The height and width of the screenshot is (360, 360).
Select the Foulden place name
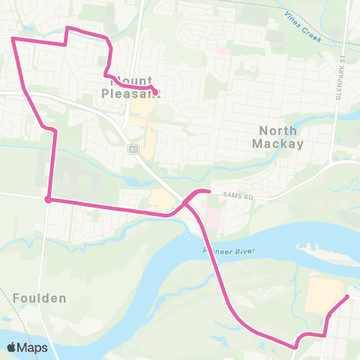click(39, 298)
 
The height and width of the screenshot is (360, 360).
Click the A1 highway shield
click(132, 148)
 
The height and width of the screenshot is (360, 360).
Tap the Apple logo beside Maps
click(12, 347)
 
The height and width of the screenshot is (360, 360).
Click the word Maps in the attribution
click(33, 347)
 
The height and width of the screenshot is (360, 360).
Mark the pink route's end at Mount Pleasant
click(156, 92)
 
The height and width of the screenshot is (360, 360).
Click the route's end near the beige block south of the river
click(346, 297)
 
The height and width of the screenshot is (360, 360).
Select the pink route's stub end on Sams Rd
click(208, 191)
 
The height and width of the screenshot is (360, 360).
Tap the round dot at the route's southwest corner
click(48, 199)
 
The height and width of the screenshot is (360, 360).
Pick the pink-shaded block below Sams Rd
click(212, 218)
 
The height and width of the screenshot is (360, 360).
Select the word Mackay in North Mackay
click(278, 142)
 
